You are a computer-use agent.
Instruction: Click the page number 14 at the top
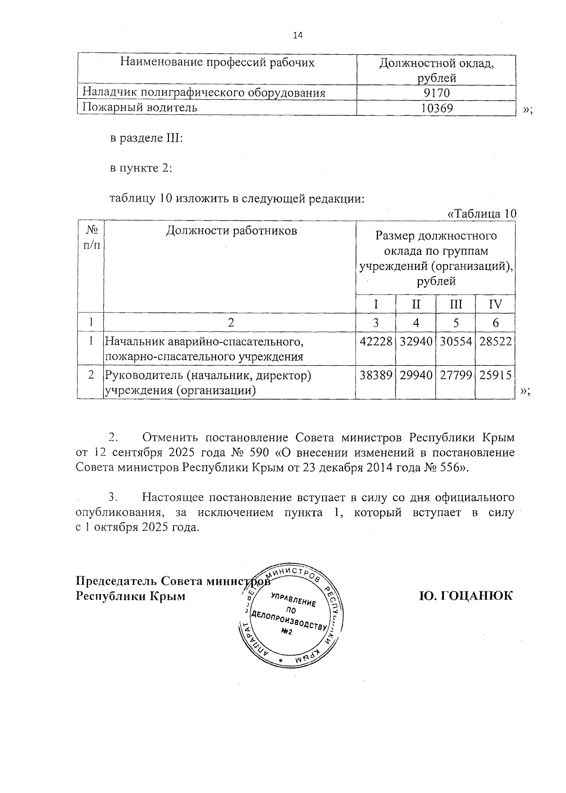298,35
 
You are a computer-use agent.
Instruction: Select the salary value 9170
437,93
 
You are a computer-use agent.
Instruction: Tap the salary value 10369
437,108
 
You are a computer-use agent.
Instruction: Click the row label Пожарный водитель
140,108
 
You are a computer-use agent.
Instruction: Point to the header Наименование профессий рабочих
217,62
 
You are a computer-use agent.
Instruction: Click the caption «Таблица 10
481,213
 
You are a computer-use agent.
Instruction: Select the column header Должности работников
231,231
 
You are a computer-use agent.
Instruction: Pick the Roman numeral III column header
456,304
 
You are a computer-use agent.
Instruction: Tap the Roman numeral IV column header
495,304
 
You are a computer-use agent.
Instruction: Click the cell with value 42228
375,341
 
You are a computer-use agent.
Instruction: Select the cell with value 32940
416,341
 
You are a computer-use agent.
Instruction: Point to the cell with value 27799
456,376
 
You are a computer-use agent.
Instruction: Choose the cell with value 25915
495,376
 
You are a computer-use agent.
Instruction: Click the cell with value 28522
495,341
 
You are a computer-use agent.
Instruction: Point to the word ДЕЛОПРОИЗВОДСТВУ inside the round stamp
289,620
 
